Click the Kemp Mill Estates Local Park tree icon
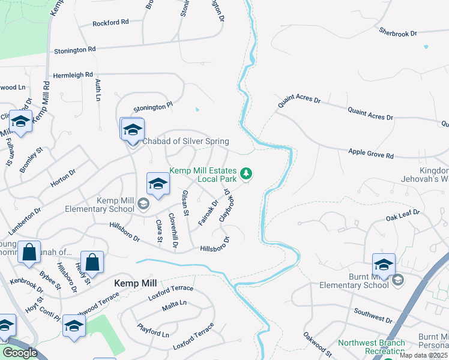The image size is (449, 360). point(246,174)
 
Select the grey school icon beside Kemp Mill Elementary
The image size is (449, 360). point(143,205)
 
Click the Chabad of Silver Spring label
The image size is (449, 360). point(185,142)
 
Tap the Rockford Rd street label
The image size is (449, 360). point(110,23)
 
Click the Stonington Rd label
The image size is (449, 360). point(74,50)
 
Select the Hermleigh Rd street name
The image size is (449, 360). point(73,76)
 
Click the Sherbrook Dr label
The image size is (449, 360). point(397,32)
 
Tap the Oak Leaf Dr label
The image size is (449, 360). point(402,213)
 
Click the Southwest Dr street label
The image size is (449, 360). point(373,312)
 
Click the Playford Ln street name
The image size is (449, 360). point(153,331)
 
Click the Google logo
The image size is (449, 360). point(20,353)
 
